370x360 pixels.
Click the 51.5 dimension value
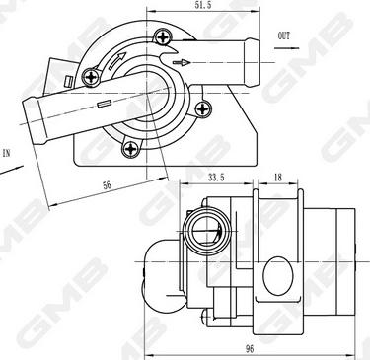pos(204,5)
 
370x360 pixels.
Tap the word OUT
pos(284,36)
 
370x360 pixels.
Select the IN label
pos(7,153)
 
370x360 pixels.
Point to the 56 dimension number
pos(107,185)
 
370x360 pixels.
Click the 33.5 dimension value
pos(216,178)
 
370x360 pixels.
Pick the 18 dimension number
pos(278,178)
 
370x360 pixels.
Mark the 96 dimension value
pos(250,349)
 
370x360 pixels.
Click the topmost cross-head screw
pos(164,36)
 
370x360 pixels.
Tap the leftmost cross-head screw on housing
pos(91,77)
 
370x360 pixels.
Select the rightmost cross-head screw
pos(203,108)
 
